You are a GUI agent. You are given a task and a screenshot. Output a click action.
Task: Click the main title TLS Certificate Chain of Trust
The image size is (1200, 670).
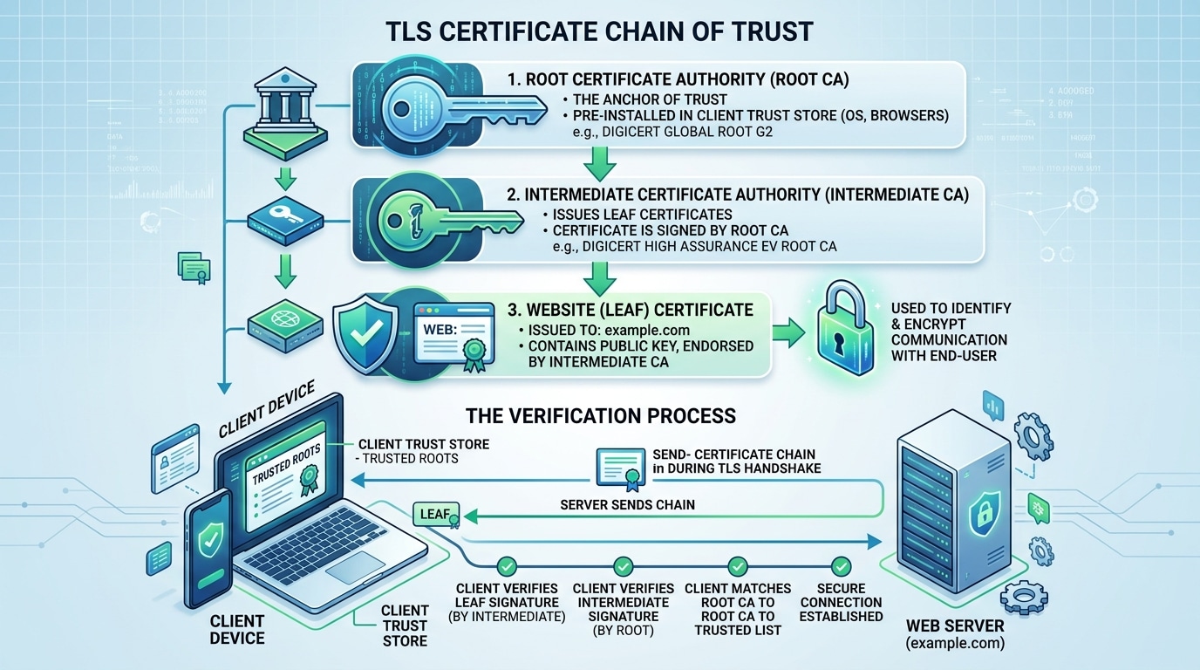(x=599, y=31)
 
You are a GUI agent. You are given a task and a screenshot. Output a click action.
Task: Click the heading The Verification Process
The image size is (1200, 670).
(x=601, y=415)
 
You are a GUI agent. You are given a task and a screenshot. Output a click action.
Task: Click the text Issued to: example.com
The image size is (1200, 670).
(x=609, y=330)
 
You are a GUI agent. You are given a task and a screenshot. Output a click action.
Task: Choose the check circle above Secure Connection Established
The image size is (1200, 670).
(x=842, y=566)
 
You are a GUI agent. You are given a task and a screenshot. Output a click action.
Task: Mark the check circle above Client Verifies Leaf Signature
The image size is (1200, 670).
(x=507, y=566)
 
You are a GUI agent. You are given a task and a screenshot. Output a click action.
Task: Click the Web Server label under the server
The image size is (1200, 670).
(x=954, y=626)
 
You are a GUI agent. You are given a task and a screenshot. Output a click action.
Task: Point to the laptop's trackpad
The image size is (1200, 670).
(x=356, y=567)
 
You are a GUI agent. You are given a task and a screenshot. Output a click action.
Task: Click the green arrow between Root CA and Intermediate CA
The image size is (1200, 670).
(x=600, y=163)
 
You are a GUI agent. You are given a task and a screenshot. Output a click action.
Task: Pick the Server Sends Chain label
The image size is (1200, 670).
(x=627, y=505)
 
